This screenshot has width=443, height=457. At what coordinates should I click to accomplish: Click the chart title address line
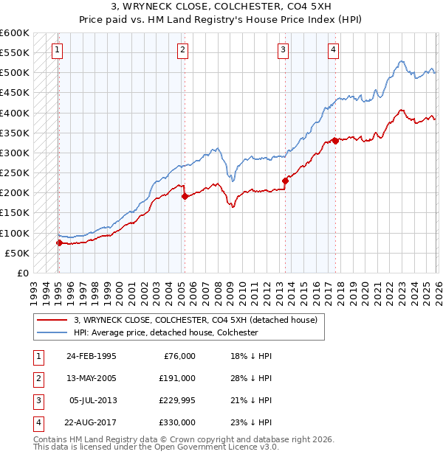221,7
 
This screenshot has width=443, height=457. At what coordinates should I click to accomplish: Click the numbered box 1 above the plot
58,50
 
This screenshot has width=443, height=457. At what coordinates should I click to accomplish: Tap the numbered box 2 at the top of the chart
182,50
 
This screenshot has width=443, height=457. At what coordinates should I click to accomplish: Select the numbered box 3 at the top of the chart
283,50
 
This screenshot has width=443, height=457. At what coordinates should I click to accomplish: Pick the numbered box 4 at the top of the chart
334,50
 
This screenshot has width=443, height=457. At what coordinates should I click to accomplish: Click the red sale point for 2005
185,196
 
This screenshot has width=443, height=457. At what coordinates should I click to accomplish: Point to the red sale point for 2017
335,141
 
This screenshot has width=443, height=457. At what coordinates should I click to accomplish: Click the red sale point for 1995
59,243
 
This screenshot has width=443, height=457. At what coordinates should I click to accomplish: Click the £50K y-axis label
17,253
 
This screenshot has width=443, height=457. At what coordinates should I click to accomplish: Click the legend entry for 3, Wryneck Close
195,320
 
